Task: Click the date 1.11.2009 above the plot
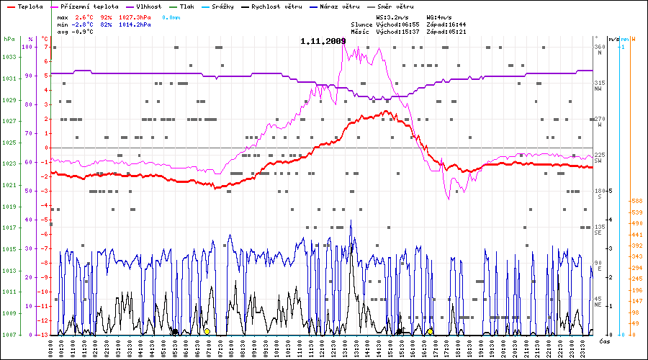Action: point(323,41)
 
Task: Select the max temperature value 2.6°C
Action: point(85,16)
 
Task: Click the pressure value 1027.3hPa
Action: point(135,16)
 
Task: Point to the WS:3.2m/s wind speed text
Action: point(393,16)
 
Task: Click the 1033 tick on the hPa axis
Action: point(9,57)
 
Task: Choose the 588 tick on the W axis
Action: point(636,201)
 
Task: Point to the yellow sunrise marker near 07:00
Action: point(207,331)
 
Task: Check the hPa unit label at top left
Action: point(9,38)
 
